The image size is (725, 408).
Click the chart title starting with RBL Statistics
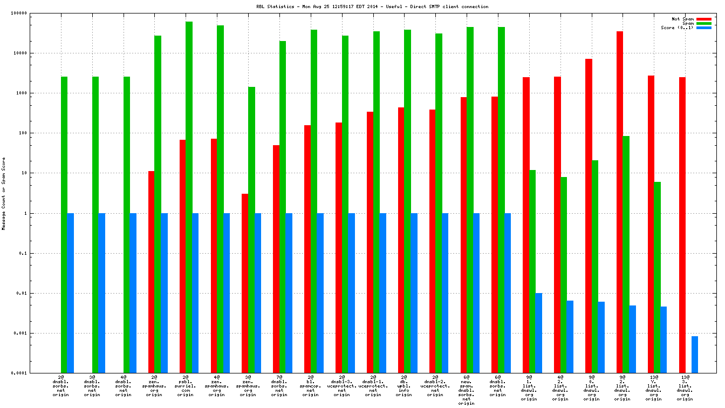(372, 6)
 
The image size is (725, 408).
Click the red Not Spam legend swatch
(704, 19)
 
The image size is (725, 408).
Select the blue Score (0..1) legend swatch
(704, 28)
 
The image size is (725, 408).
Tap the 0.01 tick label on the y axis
(21, 293)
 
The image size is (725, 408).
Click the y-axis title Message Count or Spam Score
(4, 193)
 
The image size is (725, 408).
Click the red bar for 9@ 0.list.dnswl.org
(589, 215)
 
